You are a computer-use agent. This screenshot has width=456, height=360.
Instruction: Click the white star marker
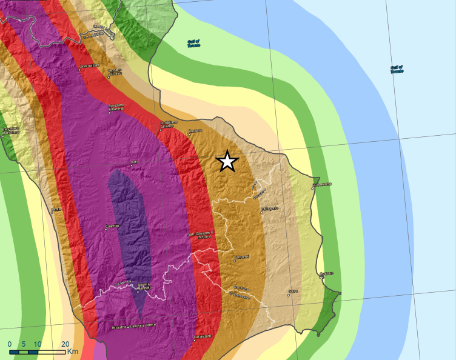227,161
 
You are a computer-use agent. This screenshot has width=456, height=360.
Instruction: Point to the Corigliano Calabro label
168,125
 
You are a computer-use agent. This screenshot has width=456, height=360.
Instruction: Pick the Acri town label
135,162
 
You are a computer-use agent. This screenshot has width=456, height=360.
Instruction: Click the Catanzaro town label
202,336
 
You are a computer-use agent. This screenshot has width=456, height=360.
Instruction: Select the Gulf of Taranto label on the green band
194,42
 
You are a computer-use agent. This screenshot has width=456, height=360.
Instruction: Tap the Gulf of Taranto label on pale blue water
397,69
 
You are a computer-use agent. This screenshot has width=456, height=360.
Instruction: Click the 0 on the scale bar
10,344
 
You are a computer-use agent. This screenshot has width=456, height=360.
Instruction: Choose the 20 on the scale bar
65,344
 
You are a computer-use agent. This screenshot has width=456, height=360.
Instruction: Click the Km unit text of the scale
73,351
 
